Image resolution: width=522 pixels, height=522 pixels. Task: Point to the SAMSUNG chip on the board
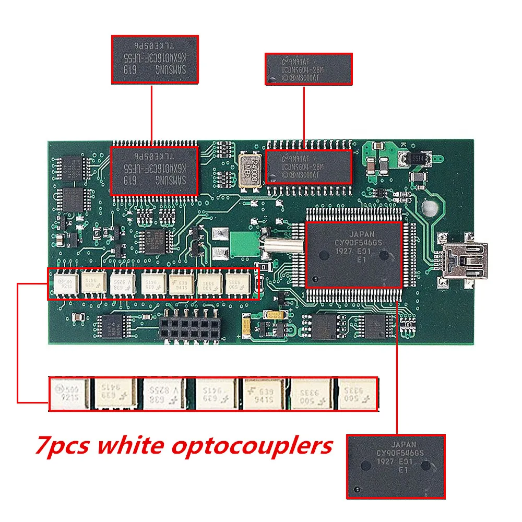click(154, 171)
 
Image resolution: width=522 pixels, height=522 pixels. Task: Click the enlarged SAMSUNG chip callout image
click(155, 59)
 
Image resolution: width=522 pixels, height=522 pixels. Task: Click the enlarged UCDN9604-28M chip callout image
click(308, 68)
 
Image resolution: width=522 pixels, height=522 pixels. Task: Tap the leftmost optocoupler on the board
click(66, 284)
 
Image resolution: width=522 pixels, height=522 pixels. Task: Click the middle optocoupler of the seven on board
click(153, 284)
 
